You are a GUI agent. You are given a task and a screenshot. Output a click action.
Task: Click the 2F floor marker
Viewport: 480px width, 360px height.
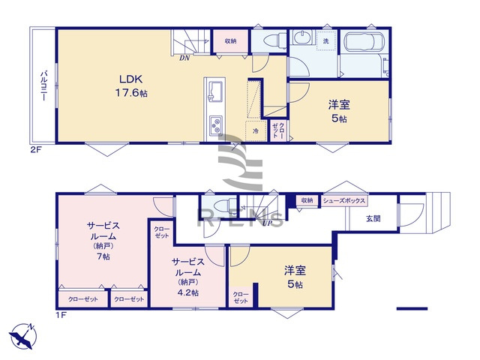point(34,150)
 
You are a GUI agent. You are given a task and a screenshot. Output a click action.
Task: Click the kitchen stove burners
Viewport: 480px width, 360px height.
point(213,123)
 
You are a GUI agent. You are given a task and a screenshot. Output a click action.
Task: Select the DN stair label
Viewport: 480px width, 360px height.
point(184,58)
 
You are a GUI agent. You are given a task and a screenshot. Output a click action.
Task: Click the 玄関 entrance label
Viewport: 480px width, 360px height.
point(373,218)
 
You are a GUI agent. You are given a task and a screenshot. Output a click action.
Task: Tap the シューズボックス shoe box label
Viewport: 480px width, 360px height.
point(344,201)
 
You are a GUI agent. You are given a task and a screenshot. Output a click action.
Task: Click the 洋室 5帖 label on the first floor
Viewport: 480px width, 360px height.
point(293,277)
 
